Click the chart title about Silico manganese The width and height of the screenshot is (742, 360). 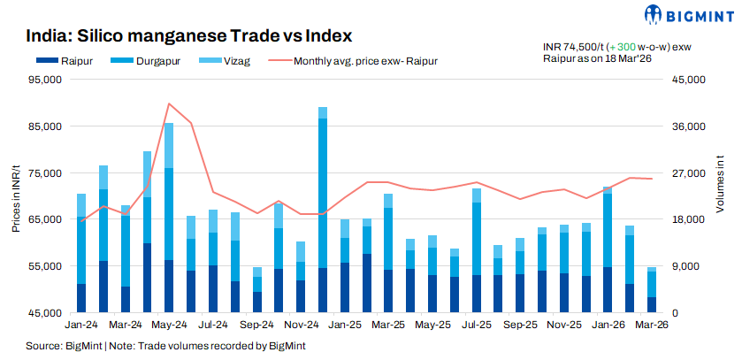tap(189, 36)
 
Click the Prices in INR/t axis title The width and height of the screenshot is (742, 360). tap(16, 196)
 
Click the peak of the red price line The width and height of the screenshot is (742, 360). tap(169, 103)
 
